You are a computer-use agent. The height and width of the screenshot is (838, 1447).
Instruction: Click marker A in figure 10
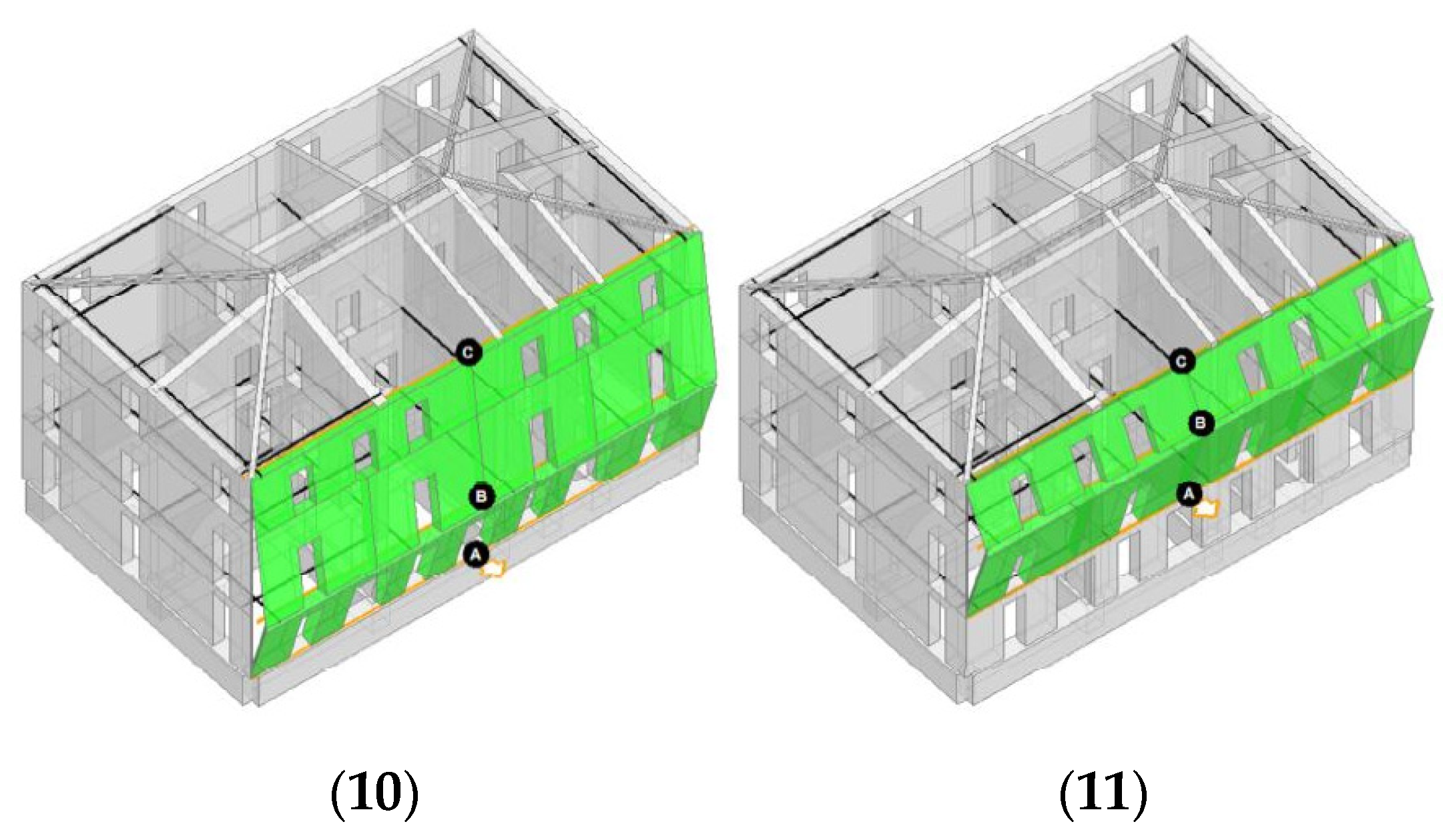pyautogui.click(x=476, y=554)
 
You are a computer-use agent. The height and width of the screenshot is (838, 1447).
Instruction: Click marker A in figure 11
pyautogui.click(x=1187, y=494)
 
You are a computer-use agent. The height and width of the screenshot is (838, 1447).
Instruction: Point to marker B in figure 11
pyautogui.click(x=1200, y=423)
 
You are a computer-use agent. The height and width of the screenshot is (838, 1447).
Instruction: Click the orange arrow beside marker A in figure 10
pyautogui.click(x=495, y=569)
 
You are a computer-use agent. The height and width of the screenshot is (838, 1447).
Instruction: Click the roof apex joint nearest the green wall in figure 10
pyautogui.click(x=274, y=274)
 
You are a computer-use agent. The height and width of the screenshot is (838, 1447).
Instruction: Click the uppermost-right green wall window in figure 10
pyautogui.click(x=648, y=294)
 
